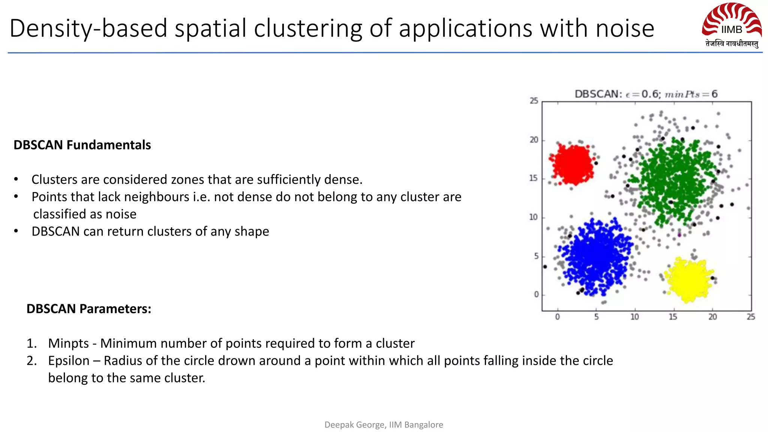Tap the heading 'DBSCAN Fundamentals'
[82, 145]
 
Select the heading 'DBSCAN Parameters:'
[89, 309]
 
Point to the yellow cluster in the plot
[689, 279]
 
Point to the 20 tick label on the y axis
[534, 140]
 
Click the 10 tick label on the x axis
[634, 317]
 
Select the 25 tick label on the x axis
[751, 317]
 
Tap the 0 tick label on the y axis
[536, 294]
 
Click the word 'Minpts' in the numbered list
[69, 343]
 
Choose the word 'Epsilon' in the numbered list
[69, 360]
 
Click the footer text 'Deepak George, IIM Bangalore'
[384, 424]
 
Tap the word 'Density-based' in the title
[88, 28]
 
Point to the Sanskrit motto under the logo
[732, 44]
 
